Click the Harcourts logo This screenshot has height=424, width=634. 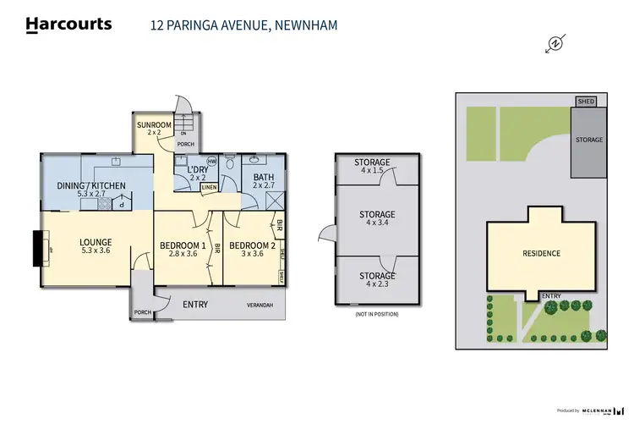coord(68,25)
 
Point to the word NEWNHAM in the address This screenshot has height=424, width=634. coord(305,25)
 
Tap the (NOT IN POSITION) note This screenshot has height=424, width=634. coord(376,314)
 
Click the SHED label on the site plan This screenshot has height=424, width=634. coord(586,102)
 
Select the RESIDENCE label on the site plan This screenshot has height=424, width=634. coord(541,253)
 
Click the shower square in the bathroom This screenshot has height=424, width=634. coord(275,201)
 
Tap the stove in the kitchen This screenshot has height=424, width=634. coord(105,203)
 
